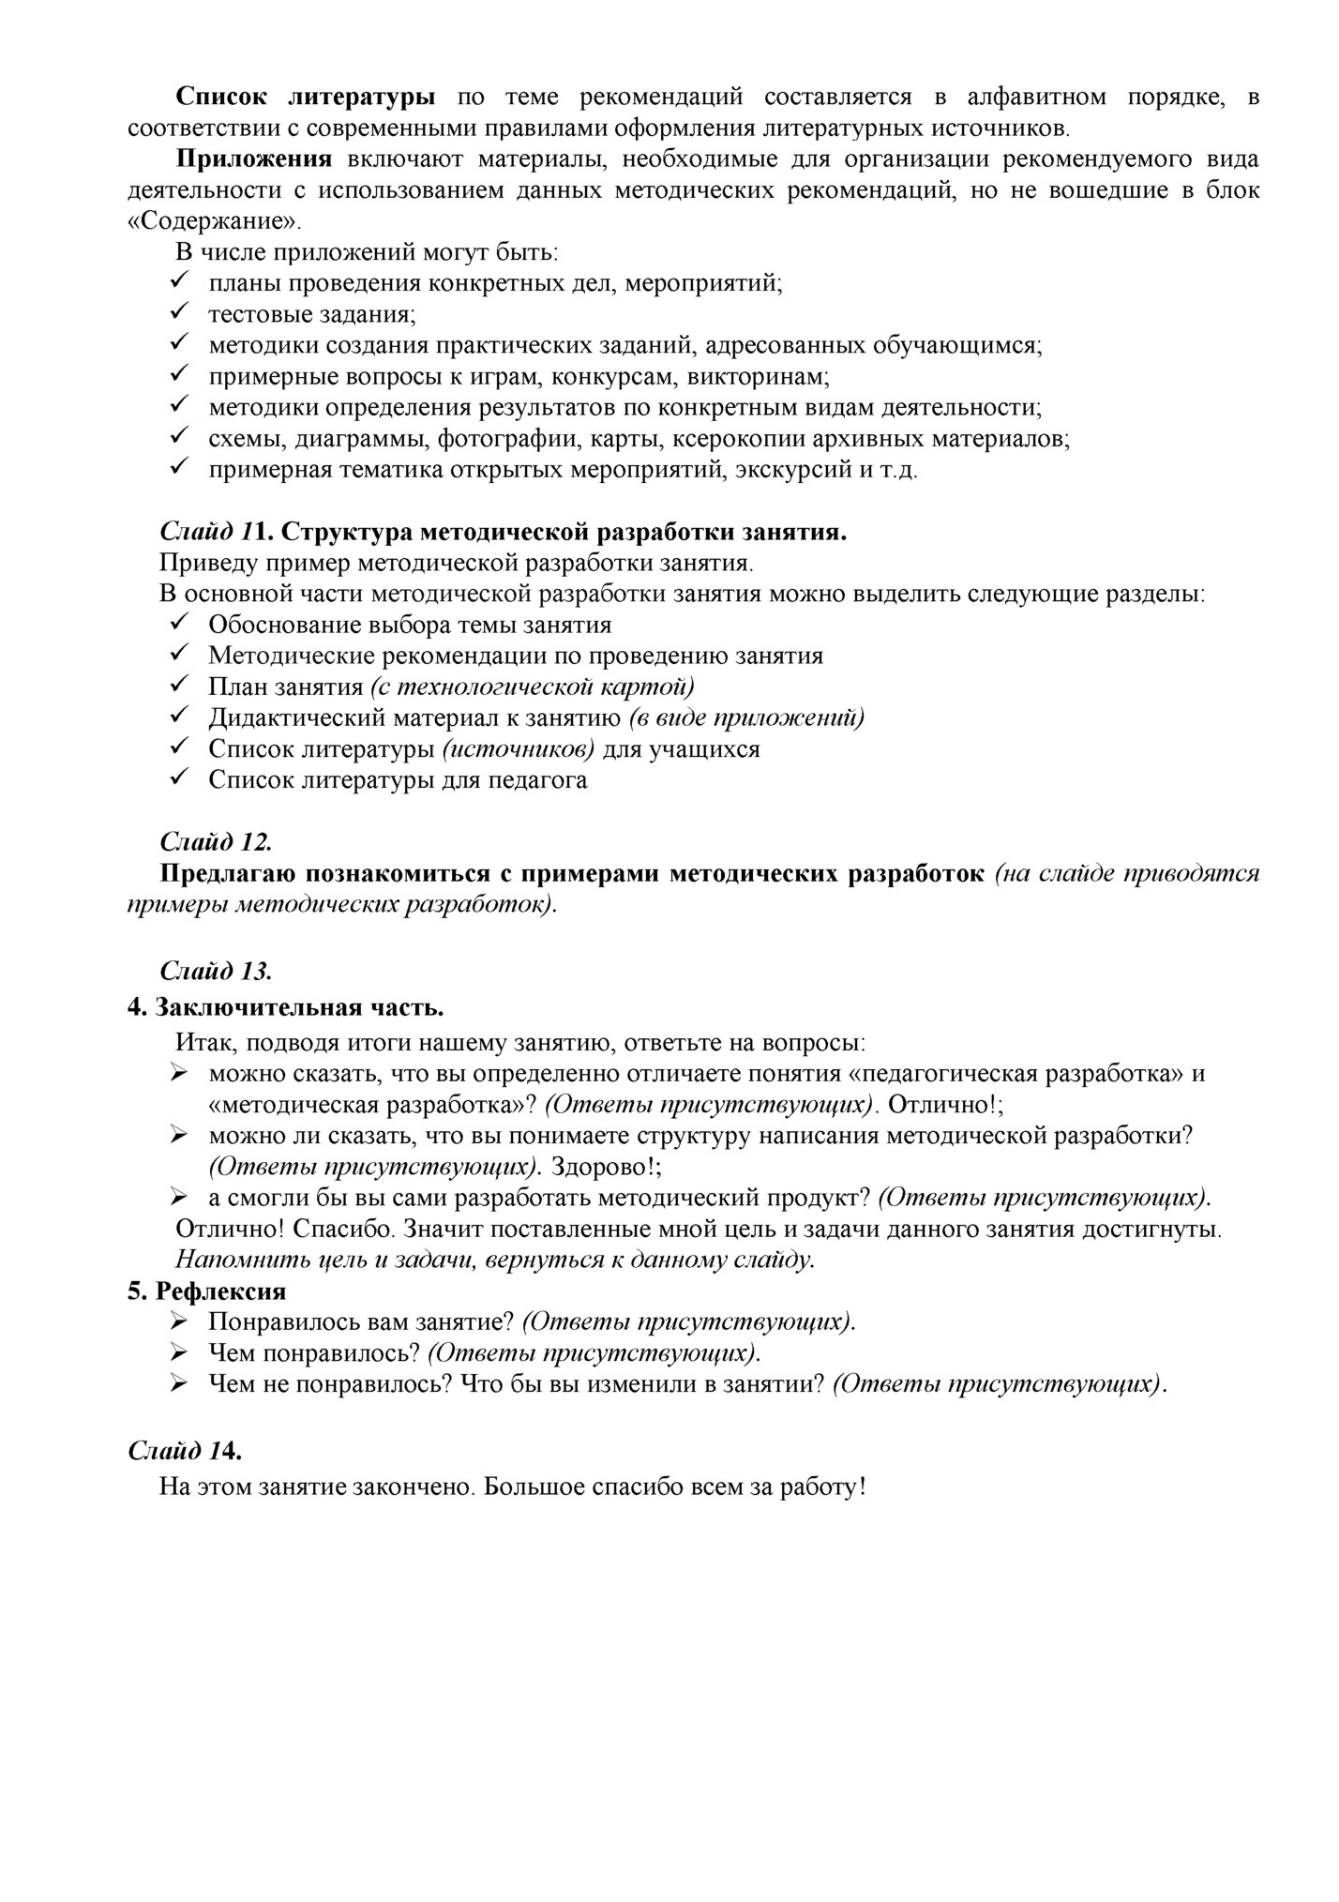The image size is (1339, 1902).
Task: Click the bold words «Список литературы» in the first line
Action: [x=306, y=98]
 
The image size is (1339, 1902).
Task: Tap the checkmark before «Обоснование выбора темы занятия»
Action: [x=178, y=623]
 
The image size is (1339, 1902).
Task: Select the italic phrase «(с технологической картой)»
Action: [x=532, y=687]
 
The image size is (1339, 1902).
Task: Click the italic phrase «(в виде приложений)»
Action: [x=746, y=717]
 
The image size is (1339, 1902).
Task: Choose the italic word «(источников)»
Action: [x=517, y=749]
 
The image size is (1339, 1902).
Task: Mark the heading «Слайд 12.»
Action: [x=216, y=841]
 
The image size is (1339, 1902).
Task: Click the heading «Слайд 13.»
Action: [x=216, y=971]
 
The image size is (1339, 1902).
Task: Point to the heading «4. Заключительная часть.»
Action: [x=286, y=1008]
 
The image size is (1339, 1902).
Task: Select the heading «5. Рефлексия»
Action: [x=206, y=1291]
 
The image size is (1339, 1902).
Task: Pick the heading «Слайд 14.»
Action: [x=185, y=1451]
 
